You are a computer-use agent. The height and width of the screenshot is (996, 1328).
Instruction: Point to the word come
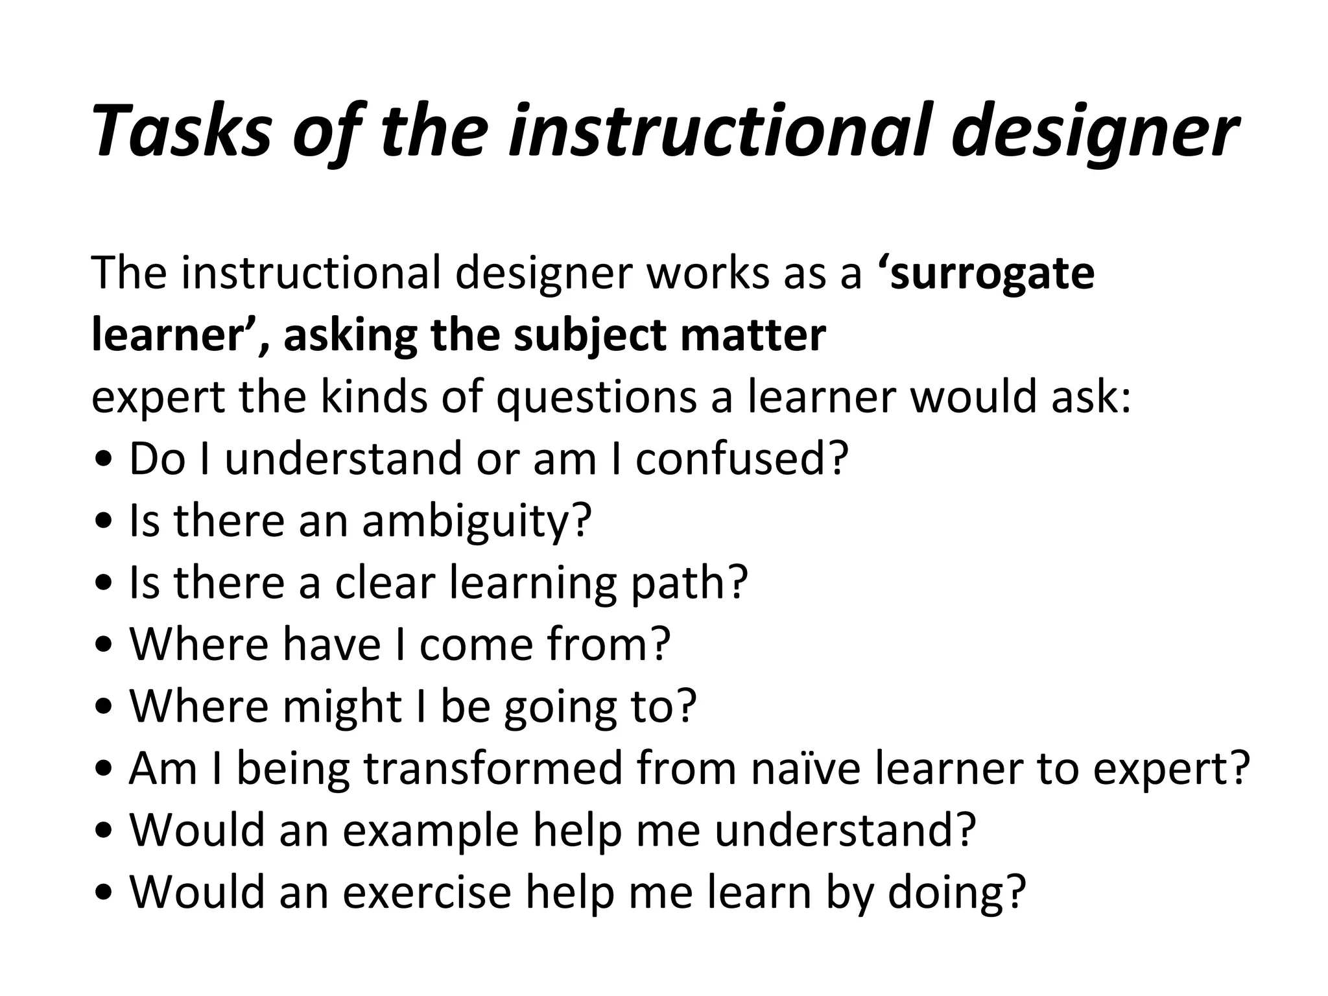pyautogui.click(x=477, y=644)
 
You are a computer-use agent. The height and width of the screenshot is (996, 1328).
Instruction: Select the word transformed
pyautogui.click(x=493, y=768)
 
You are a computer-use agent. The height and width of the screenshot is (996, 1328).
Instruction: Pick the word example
pyautogui.click(x=431, y=831)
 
